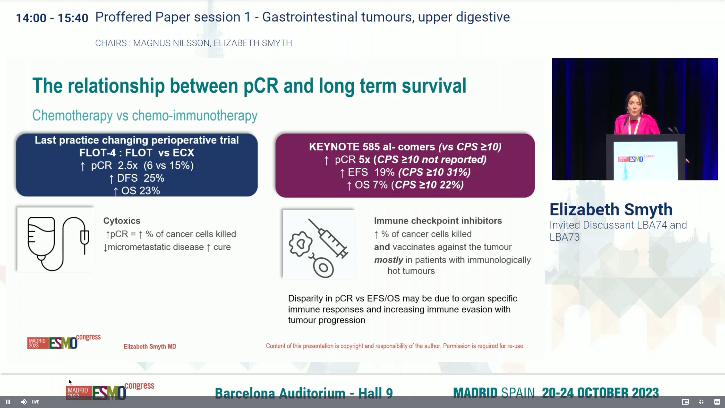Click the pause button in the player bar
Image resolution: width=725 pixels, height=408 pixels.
click(8, 402)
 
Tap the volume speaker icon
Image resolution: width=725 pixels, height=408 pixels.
click(24, 402)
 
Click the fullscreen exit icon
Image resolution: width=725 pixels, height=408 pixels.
click(701, 402)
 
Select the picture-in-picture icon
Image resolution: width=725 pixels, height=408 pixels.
click(685, 402)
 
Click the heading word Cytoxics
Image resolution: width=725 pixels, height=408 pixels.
click(122, 221)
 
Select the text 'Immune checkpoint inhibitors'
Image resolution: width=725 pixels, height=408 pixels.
click(438, 221)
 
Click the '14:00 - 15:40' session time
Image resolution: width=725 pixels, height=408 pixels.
click(52, 18)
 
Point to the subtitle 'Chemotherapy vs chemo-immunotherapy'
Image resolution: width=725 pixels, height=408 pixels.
click(145, 116)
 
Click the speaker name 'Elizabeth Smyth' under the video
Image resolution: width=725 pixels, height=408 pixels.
click(611, 210)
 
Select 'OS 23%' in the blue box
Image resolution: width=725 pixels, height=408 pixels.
click(140, 191)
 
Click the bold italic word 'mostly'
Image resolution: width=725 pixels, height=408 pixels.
click(388, 260)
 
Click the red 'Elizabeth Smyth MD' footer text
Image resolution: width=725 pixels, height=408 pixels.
click(150, 346)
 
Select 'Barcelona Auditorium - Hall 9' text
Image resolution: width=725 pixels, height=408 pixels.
click(304, 393)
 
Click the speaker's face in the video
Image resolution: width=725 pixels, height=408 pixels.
click(634, 104)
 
